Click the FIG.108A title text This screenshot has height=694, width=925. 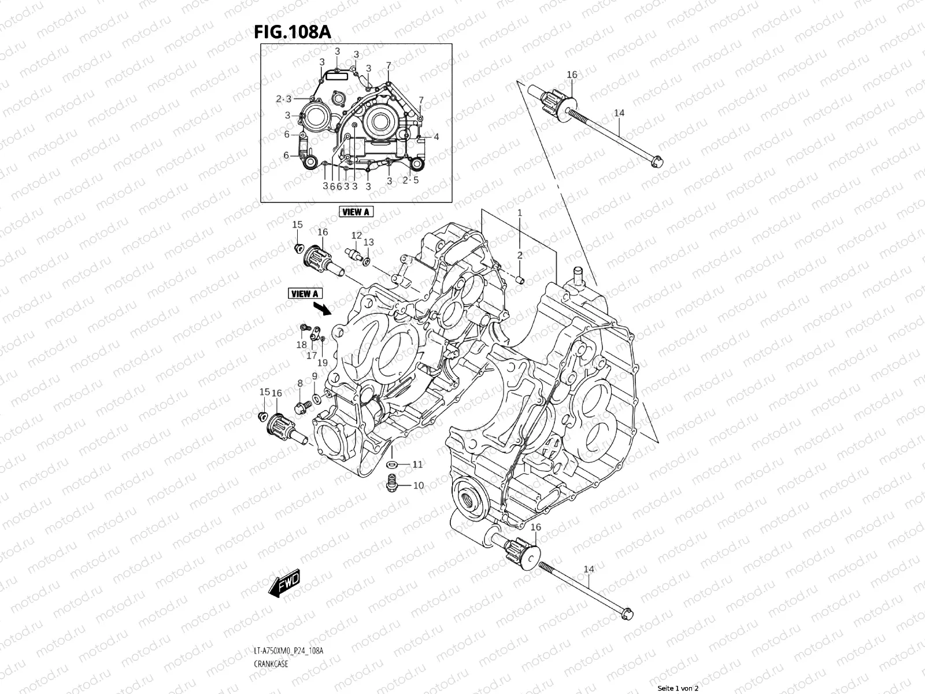point(292,32)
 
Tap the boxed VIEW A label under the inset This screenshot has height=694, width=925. point(356,212)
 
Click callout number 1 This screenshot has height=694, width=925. point(519,213)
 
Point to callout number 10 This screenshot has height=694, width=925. point(418,485)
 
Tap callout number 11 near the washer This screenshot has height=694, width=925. point(417,464)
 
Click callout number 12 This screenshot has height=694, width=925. point(357,236)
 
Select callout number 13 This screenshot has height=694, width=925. point(368,242)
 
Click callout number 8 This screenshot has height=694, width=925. point(300,383)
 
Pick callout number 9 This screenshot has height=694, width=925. point(314,376)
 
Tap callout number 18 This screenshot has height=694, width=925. point(301,345)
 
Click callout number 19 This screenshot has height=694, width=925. point(323,363)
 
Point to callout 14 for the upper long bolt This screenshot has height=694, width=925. point(619,113)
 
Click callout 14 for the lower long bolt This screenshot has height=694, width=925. point(589,570)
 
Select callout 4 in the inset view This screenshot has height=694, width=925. point(436,137)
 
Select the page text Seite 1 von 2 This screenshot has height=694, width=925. point(678,689)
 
